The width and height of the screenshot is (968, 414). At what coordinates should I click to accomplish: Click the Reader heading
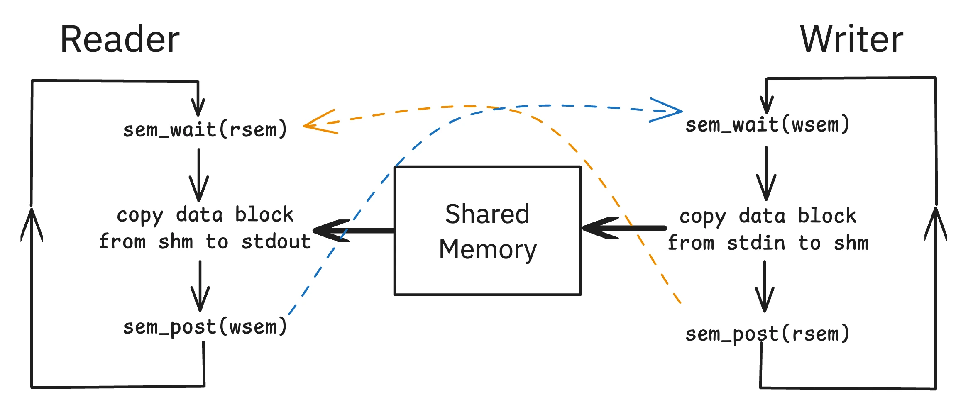tap(120, 39)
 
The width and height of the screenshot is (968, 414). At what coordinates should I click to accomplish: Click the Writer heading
tap(851, 39)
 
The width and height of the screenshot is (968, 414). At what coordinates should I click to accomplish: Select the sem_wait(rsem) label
tap(205, 129)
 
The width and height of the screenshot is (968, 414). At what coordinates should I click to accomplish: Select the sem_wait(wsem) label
tap(767, 124)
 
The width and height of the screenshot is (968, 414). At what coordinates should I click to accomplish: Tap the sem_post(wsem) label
tap(205, 327)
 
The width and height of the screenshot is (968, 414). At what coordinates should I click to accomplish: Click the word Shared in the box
tap(487, 214)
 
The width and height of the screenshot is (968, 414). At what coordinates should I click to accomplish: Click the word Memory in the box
tap(487, 250)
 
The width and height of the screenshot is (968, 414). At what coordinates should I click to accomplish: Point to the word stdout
tap(276, 242)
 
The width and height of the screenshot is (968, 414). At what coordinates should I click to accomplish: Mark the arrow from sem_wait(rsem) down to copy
tap(199, 176)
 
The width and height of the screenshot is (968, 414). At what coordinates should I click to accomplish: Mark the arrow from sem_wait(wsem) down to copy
tap(766, 174)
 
